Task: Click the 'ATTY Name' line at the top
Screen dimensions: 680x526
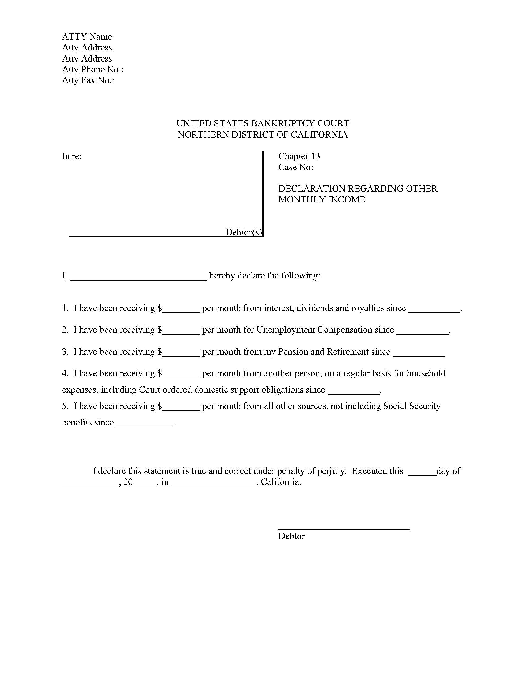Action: coord(87,37)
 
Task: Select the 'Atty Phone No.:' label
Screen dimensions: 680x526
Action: coord(93,70)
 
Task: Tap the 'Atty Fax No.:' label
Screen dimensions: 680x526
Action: coord(88,80)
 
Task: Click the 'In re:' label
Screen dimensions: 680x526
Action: coord(72,156)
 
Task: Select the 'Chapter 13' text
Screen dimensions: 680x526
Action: coord(299,156)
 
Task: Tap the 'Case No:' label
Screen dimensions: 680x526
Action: coord(296,167)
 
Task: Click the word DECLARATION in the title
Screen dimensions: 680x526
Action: coord(312,189)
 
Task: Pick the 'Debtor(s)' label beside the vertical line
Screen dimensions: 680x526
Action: coord(244,232)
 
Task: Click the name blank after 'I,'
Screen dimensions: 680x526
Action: coord(138,277)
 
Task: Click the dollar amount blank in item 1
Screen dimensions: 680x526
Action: coord(181,309)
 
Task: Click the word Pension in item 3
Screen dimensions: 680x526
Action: coord(293,351)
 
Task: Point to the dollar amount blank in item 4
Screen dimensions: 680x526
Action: coord(181,375)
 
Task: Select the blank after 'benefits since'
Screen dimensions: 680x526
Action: coord(144,424)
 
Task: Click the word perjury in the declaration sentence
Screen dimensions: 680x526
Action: coord(331,471)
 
